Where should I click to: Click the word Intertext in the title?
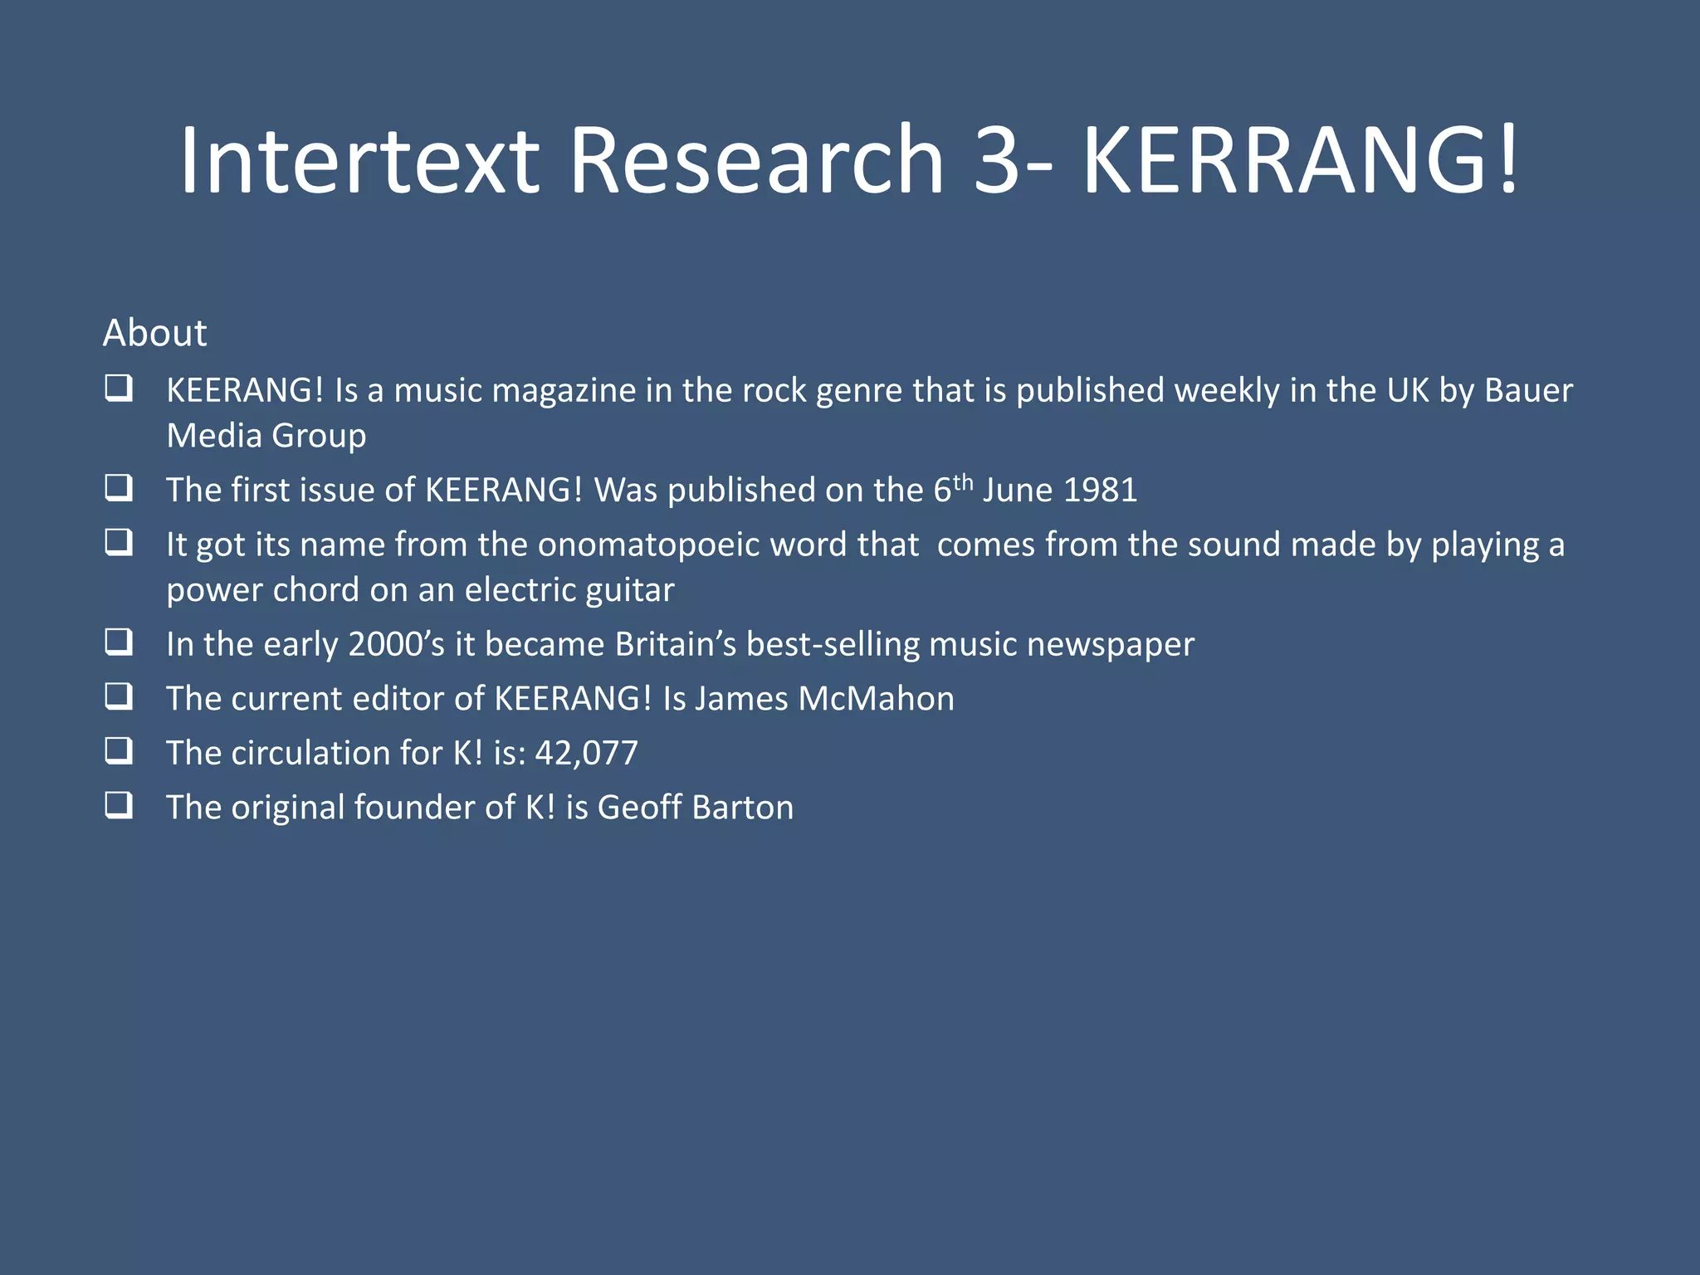[x=359, y=159]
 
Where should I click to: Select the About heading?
[x=154, y=333]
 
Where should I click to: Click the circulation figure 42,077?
[x=586, y=753]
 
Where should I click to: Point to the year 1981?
[x=1100, y=490]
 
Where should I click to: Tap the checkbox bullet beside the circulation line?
[x=119, y=751]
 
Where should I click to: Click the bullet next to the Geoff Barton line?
[x=119, y=805]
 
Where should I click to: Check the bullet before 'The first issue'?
[x=119, y=488]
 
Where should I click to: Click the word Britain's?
[x=675, y=644]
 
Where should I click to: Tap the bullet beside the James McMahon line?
[x=119, y=696]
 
